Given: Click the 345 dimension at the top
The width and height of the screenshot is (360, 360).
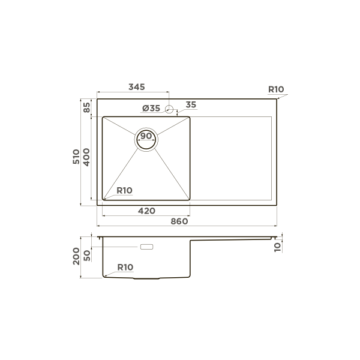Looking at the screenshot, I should click(x=136, y=88).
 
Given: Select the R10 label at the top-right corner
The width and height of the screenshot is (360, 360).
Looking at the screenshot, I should click(x=275, y=89).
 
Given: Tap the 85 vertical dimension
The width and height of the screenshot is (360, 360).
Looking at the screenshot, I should click(x=86, y=108).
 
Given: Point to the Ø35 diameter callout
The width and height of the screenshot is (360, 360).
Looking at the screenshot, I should click(x=151, y=108).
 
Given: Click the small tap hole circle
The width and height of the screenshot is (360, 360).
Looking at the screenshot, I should click(x=169, y=109).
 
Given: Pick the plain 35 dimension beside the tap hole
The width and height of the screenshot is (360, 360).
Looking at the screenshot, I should click(x=191, y=105).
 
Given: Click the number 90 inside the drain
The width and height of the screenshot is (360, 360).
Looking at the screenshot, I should click(x=146, y=136).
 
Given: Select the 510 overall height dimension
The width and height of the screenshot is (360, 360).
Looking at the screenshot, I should click(x=76, y=157).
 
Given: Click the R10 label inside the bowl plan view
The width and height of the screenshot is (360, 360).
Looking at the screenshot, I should click(x=124, y=190).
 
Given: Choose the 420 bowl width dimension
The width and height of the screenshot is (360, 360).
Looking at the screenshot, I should click(x=146, y=211).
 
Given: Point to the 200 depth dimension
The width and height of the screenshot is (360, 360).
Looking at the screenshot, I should click(x=76, y=258).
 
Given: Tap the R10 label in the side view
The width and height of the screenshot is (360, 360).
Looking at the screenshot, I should click(x=125, y=267).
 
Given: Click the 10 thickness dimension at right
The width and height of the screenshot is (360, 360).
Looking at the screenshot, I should click(x=277, y=245).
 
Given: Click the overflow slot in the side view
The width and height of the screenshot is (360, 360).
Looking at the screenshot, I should click(x=146, y=247).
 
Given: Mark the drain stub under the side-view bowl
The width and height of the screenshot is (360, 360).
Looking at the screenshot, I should click(x=146, y=279).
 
